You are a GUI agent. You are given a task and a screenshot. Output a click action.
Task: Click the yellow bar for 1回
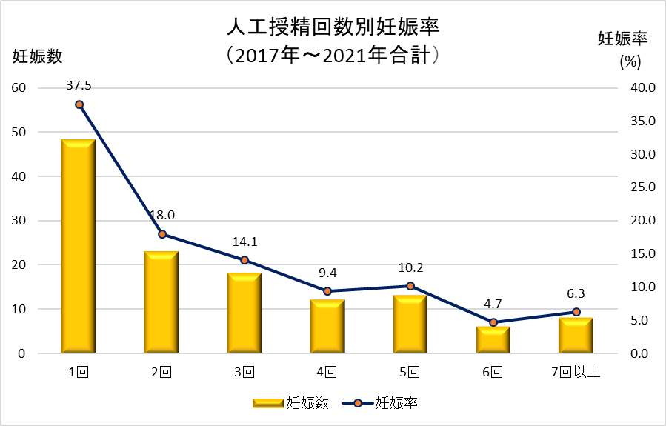pyautogui.click(x=78, y=247)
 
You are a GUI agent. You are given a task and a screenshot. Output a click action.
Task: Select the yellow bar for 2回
pyautogui.click(x=161, y=302)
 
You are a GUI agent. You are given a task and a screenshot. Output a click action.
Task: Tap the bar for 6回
pyautogui.click(x=493, y=340)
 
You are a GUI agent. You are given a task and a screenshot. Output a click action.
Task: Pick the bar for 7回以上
pyautogui.click(x=576, y=336)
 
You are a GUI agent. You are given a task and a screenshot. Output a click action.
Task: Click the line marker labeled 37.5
pyautogui.click(x=79, y=104)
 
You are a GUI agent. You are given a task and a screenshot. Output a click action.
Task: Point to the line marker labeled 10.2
pyautogui.click(x=410, y=286)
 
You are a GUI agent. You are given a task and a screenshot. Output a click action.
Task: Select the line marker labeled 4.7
pyautogui.click(x=493, y=322)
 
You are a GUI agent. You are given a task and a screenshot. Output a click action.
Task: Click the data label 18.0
pyautogui.click(x=161, y=216)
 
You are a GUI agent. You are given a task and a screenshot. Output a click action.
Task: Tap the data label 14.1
pyautogui.click(x=244, y=241)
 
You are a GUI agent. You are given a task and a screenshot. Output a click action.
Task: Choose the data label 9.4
pyautogui.click(x=327, y=273)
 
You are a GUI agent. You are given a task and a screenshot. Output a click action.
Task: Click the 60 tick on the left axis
pyautogui.click(x=18, y=87)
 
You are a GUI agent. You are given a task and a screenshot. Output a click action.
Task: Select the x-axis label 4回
pyautogui.click(x=327, y=372)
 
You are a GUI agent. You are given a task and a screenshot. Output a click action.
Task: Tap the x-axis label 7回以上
pyautogui.click(x=576, y=372)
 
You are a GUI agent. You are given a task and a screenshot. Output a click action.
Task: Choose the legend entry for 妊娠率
pyautogui.click(x=382, y=403)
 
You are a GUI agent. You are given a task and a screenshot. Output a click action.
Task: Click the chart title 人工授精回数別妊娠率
pyautogui.click(x=333, y=28)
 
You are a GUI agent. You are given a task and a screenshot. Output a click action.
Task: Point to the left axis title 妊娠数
pyautogui.click(x=36, y=56)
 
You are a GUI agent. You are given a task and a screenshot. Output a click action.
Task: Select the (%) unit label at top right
pyautogui.click(x=630, y=61)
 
